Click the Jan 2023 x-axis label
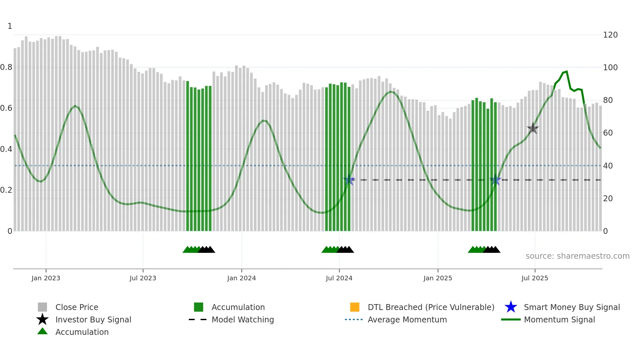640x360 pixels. (46, 278)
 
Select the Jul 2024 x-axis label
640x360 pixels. (339, 278)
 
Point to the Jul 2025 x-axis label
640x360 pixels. (535, 278)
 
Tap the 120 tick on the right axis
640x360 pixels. (610, 35)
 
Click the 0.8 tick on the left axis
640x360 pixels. (7, 67)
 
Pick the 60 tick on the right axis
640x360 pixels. (608, 133)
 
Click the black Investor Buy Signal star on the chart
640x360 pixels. (533, 128)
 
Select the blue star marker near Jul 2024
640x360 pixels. (349, 180)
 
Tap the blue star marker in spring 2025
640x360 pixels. (495, 180)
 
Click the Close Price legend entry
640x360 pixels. (77, 307)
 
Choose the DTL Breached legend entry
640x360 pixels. (431, 307)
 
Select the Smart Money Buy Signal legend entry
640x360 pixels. (571, 307)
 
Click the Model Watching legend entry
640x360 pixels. (242, 319)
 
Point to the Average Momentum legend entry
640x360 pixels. (407, 319)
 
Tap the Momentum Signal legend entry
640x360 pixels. (559, 319)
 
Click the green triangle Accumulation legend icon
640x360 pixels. (42, 331)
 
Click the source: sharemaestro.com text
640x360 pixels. (577, 256)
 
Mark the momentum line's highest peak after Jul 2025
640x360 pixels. (567, 71)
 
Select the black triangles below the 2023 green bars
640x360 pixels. (206, 250)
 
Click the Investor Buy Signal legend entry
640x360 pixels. (93, 319)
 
